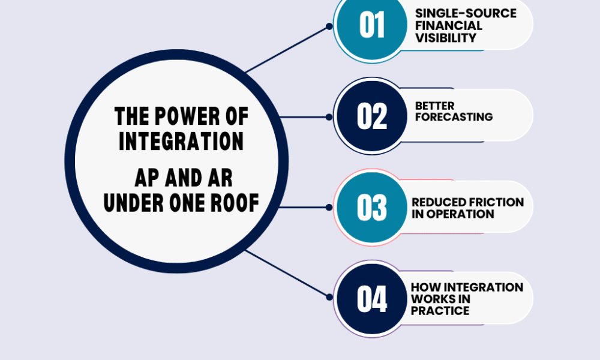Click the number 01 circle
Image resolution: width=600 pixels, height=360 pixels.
pyautogui.click(x=371, y=26)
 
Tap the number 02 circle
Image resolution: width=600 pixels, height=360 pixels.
pyautogui.click(x=371, y=116)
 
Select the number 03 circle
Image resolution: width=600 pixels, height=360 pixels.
pyautogui.click(x=371, y=208)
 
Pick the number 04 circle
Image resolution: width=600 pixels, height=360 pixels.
pyautogui.click(x=371, y=299)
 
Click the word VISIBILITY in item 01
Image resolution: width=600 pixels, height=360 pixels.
pyautogui.click(x=446, y=38)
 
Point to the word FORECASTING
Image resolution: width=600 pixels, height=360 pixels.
pyautogui.click(x=454, y=116)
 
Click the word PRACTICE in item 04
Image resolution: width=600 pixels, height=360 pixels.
pyautogui.click(x=440, y=311)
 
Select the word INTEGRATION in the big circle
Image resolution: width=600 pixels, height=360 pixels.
pyautogui.click(x=181, y=141)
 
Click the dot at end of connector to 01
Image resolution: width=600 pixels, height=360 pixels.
pyautogui.click(x=329, y=26)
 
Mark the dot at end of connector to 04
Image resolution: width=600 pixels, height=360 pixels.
pyautogui.click(x=329, y=296)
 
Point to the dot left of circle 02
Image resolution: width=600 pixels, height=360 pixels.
pyautogui.click(x=329, y=116)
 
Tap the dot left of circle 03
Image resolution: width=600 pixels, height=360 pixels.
pyautogui.click(x=329, y=207)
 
